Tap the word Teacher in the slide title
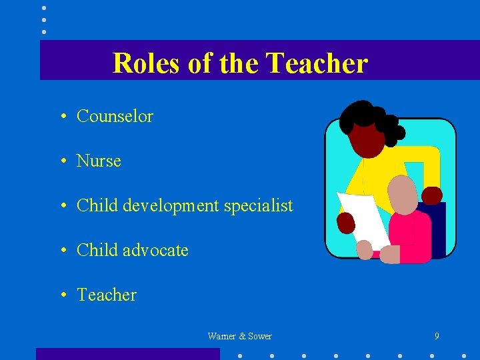coord(316,63)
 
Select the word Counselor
coord(115,116)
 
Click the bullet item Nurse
coord(99,161)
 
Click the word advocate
coord(155,251)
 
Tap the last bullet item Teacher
coord(107,295)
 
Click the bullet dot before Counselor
coord(61,117)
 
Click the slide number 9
coord(437,336)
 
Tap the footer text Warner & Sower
coord(239,336)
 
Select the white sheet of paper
coord(363,217)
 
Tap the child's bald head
coord(403,193)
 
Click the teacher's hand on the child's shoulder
coord(432,195)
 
